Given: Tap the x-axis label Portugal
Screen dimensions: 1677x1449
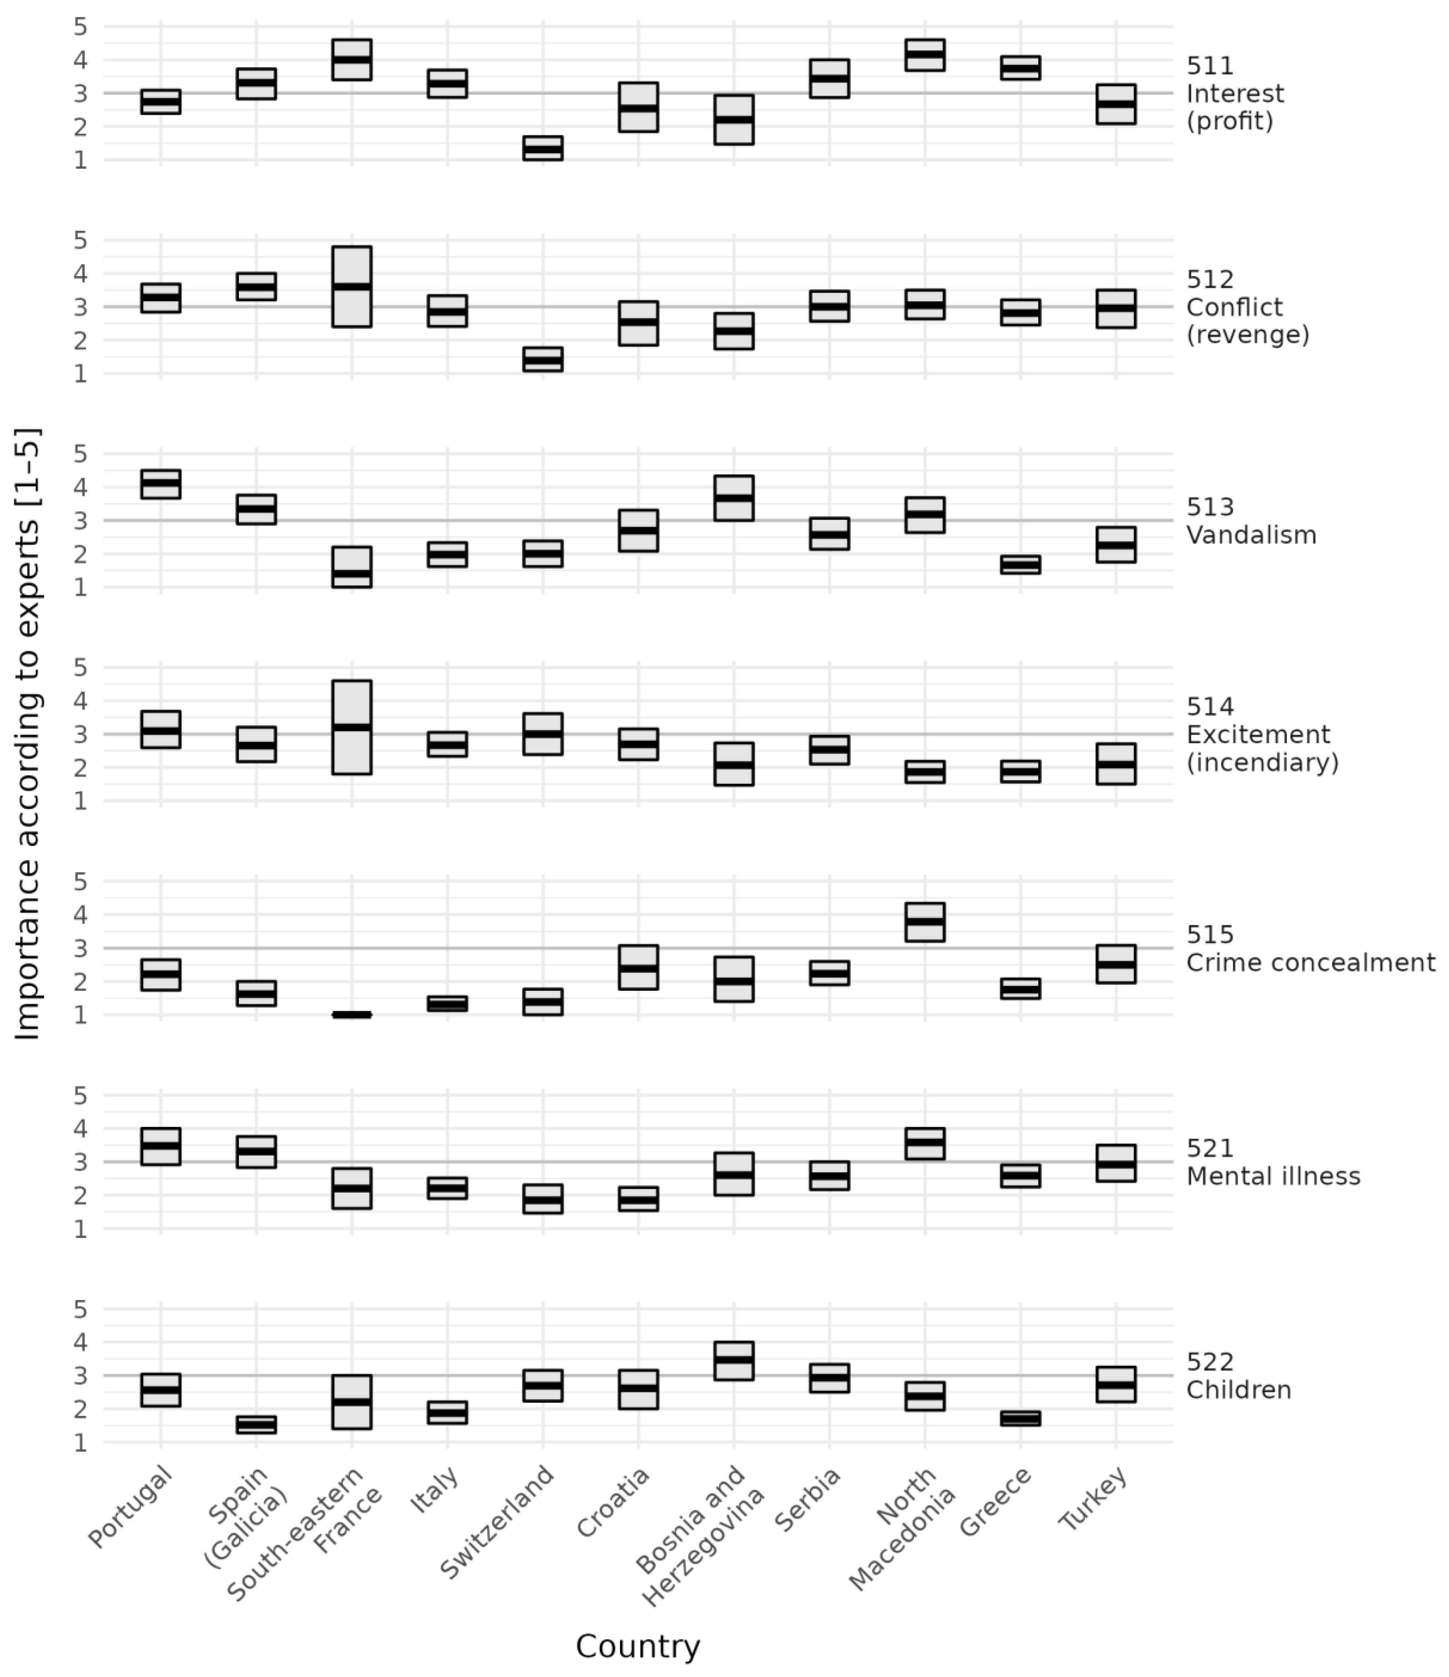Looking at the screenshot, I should pyautogui.click(x=131, y=1506).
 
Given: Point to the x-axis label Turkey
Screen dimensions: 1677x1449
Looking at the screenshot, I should pyautogui.click(x=1093, y=1497).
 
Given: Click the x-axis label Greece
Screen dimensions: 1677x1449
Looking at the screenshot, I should pyautogui.click(x=996, y=1502).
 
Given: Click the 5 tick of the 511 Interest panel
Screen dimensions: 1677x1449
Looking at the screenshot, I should pyautogui.click(x=80, y=27).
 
